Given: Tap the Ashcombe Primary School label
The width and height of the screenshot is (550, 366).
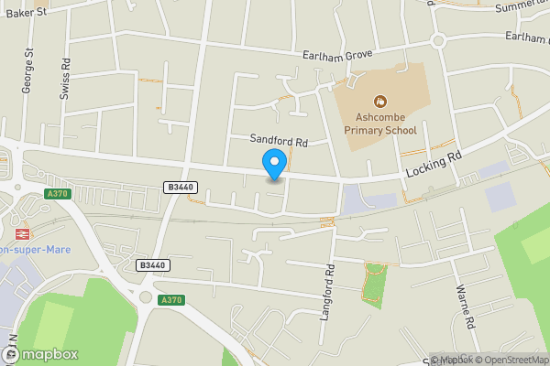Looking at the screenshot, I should (380, 124).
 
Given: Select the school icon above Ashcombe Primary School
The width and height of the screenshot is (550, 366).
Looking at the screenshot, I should (379, 101).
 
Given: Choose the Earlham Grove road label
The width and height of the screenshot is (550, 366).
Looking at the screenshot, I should (339, 55).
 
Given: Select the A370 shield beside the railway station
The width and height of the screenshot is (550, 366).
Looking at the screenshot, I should (57, 193).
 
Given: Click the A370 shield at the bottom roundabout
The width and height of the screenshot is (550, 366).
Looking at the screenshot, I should (170, 299).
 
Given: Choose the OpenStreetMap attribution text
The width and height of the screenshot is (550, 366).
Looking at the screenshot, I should (510, 360).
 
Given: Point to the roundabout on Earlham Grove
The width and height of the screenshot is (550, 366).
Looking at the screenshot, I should (438, 40).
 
